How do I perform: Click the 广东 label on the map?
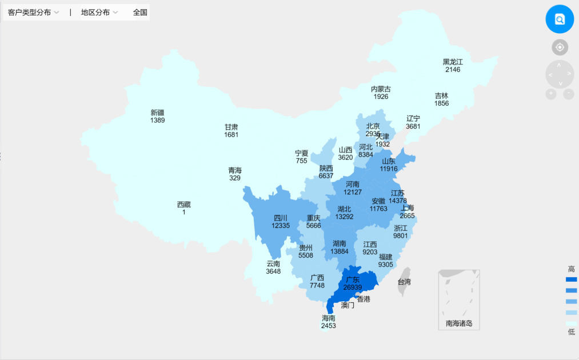[x=353, y=279]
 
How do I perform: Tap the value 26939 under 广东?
[x=353, y=287]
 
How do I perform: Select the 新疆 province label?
[x=157, y=113]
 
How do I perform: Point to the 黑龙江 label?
[x=453, y=62]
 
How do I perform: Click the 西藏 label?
[x=184, y=205]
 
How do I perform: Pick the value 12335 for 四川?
[x=281, y=226]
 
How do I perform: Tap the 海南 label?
[x=328, y=318]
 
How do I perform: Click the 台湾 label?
[x=404, y=282]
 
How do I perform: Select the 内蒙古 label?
[x=381, y=89]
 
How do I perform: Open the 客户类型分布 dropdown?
[x=34, y=13]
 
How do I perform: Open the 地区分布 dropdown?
[x=99, y=13]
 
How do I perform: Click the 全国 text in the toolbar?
[x=140, y=13]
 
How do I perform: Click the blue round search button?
[x=560, y=19]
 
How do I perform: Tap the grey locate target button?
[x=560, y=47]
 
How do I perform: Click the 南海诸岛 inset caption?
[x=459, y=324]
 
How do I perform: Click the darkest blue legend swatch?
[x=571, y=279]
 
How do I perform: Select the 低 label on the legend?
[x=571, y=332]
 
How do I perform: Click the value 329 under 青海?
[x=235, y=178]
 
